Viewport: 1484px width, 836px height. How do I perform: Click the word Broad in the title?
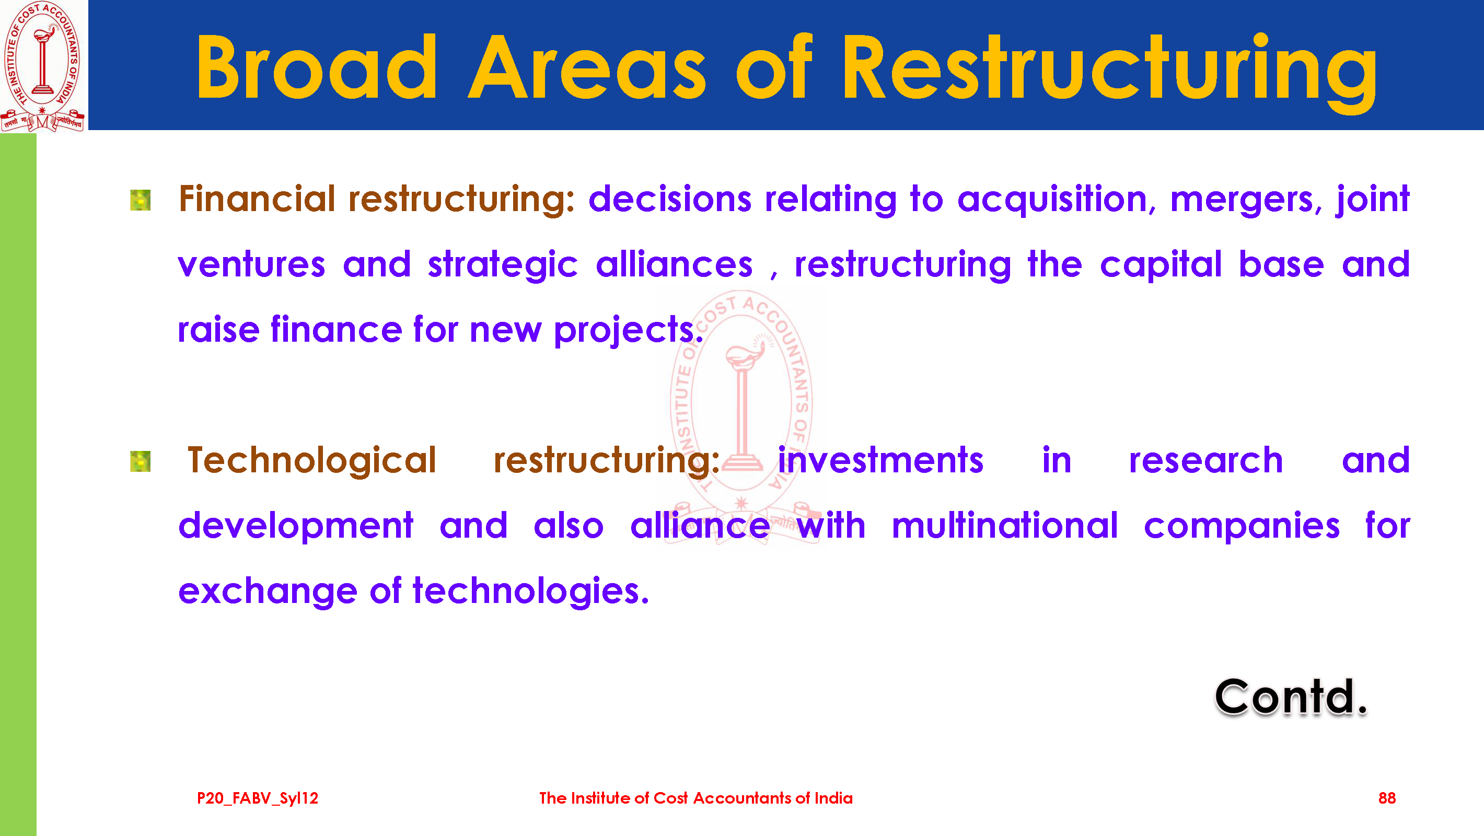316,67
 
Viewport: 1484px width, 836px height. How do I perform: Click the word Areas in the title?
587,67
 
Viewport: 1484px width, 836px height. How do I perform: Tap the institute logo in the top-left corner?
43,66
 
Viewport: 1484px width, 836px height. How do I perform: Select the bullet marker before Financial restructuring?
141,200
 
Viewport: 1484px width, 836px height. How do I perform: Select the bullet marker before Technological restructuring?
141,461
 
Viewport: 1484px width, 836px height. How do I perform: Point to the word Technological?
311,461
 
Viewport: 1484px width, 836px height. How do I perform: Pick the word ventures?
252,265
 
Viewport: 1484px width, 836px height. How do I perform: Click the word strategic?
502,266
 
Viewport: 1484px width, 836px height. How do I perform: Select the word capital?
1161,266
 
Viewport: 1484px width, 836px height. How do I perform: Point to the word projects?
629,331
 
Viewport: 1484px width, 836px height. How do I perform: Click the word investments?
881,461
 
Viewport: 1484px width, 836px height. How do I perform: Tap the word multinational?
1005,526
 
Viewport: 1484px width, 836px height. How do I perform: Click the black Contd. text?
1291,697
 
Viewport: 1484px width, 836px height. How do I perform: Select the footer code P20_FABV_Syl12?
258,798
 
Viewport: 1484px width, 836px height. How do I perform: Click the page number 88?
1387,798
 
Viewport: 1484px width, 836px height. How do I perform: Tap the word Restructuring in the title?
1109,72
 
